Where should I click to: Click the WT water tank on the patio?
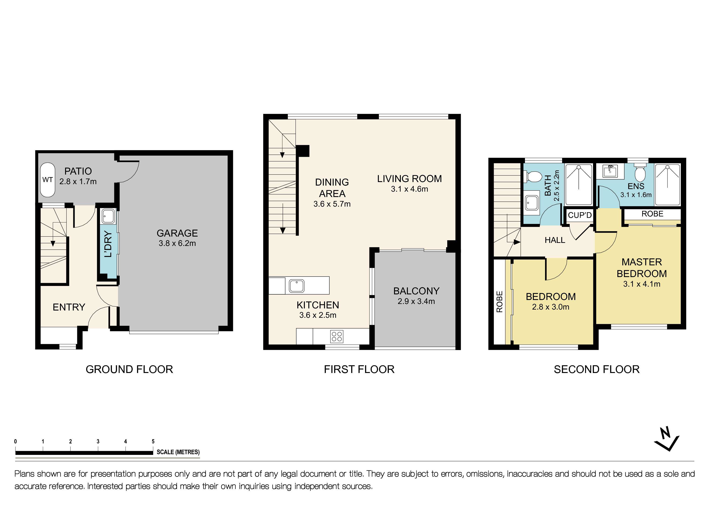click(48, 180)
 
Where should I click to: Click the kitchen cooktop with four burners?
click(337, 336)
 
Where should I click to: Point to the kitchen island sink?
click(296, 285)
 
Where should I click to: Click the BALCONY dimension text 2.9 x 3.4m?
click(416, 301)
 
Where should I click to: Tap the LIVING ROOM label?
click(409, 179)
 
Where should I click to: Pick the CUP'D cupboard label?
click(580, 215)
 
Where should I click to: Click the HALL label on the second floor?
click(555, 240)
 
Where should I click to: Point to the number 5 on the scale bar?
click(153, 441)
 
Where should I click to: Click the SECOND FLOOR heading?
click(596, 369)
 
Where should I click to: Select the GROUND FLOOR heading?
click(129, 369)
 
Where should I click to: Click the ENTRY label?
click(69, 307)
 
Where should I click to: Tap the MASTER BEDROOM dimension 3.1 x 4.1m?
click(642, 284)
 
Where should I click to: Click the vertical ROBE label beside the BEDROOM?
click(499, 302)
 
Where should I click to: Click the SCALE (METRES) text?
click(178, 452)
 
